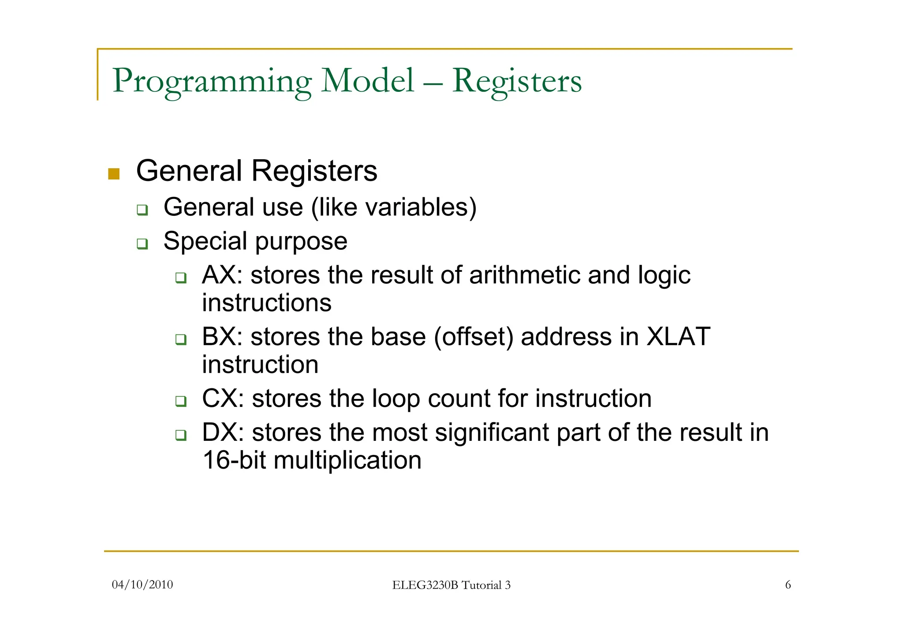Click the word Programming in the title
[x=212, y=82]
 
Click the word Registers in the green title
[x=517, y=82]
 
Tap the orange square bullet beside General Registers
[x=114, y=174]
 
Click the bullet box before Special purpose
[x=142, y=244]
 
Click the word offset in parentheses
[x=474, y=338]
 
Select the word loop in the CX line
[x=396, y=399]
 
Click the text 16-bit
[x=234, y=460]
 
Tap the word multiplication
[x=347, y=461]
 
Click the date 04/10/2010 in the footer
[x=142, y=585]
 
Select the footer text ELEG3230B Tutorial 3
[x=451, y=585]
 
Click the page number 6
[x=788, y=585]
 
